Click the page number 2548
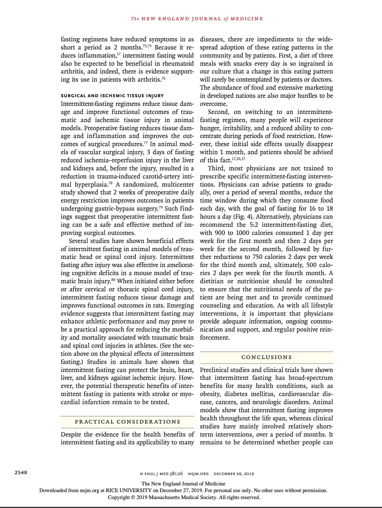coord(21,473)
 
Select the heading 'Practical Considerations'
coord(127,422)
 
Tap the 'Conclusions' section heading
coord(267,357)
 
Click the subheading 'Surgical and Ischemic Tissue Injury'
coord(112,96)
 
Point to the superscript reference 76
coord(163,78)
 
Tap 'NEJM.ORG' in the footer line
coord(198,474)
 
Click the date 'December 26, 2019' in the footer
coord(234,474)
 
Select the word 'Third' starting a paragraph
coord(215,168)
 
